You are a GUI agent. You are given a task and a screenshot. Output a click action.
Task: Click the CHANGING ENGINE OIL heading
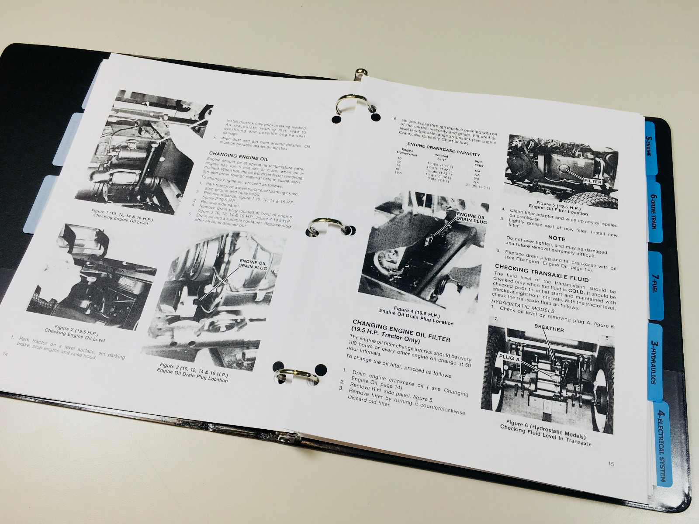[239, 156]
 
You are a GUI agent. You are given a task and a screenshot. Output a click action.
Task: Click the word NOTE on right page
[556, 238]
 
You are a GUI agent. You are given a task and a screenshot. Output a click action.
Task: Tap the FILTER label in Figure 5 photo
[592, 181]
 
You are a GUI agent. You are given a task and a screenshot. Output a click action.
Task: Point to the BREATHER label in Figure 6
[549, 329]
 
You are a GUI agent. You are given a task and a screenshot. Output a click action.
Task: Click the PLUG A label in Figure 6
[509, 357]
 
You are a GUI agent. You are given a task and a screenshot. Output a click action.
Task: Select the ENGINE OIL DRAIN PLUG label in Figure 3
[253, 265]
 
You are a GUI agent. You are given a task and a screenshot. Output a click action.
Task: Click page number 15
[611, 464]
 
